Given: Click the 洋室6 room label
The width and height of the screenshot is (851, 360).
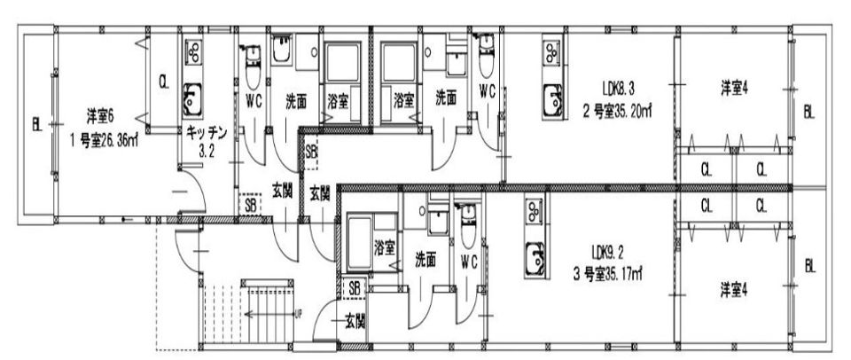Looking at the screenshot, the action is point(100,116).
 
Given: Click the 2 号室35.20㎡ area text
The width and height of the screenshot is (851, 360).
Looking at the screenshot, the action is point(617,112).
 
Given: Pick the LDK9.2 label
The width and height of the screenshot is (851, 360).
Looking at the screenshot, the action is point(608,252).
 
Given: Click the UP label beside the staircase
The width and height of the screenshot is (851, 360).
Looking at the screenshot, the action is point(298,314).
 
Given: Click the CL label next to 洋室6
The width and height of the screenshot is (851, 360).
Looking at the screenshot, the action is point(163,82).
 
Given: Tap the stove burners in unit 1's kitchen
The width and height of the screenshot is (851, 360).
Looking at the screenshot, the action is point(193,52).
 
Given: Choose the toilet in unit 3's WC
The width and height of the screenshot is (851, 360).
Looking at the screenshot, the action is point(468,226).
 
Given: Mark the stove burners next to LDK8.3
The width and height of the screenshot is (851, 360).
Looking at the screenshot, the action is point(551,52).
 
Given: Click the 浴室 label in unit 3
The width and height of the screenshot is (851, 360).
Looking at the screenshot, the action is point(384,248).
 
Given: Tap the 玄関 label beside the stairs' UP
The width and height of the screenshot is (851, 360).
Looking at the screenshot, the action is point(355,322).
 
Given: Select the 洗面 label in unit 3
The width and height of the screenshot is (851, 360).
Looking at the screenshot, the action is point(425,261).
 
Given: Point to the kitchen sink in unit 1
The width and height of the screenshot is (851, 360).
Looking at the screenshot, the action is point(192,100).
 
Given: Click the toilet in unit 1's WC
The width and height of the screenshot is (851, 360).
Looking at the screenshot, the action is point(253,67).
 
